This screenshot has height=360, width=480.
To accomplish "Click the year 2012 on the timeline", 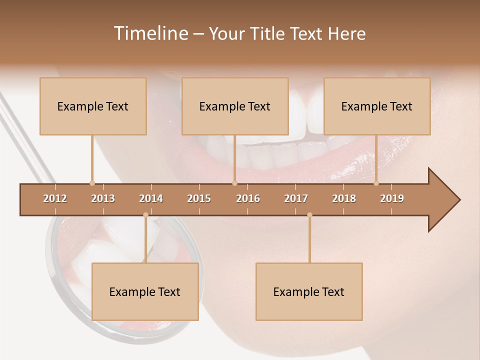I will [x=55, y=198].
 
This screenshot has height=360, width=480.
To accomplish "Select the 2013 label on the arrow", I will [x=103, y=198].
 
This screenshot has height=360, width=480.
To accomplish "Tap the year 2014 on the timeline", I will [x=151, y=198].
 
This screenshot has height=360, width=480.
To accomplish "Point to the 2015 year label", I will [x=199, y=198].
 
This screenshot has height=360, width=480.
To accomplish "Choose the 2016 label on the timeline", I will [x=248, y=198].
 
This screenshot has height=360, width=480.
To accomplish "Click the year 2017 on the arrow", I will [x=296, y=198].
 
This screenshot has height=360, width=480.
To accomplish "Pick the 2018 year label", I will [x=344, y=198].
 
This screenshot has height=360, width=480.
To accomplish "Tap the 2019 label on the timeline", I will [x=392, y=198].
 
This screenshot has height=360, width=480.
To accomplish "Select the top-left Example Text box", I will [x=93, y=106].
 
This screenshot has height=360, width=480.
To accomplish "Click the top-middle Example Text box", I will [x=235, y=106].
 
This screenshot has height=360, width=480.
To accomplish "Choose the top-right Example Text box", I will [x=377, y=106].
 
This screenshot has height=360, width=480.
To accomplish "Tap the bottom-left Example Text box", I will [x=145, y=291].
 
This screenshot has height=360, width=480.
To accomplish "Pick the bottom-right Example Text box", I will [x=309, y=291].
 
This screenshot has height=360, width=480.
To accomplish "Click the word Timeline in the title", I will [x=150, y=33].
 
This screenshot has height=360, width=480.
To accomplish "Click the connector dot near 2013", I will [x=92, y=183].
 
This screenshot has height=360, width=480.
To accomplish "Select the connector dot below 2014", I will [x=145, y=215].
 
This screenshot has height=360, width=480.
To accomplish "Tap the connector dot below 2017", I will [x=309, y=215].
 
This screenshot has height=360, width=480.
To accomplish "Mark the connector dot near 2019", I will [x=376, y=183].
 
